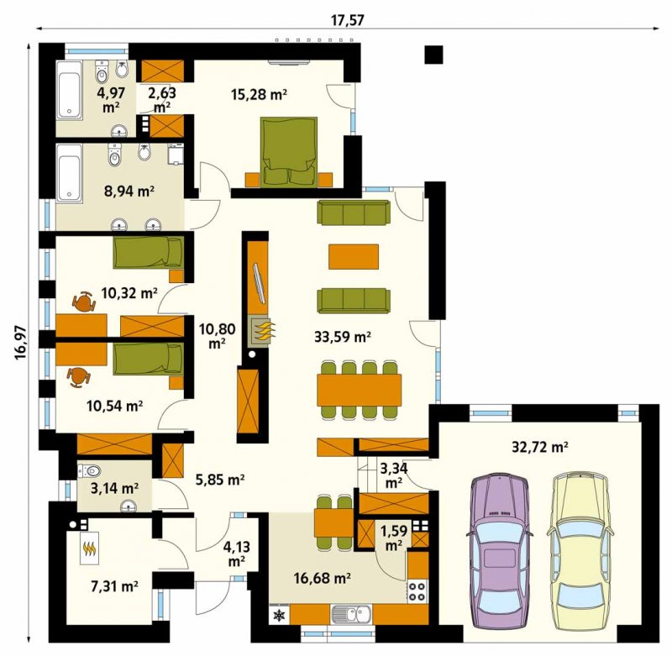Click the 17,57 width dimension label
click(347, 19)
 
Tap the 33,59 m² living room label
click(343, 337)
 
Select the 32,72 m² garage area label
click(540, 447)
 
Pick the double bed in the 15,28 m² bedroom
click(289, 153)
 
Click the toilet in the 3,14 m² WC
click(90, 471)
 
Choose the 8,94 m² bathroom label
click(129, 191)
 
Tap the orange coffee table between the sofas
click(354, 256)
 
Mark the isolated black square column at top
click(433, 55)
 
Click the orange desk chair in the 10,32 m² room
click(84, 302)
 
